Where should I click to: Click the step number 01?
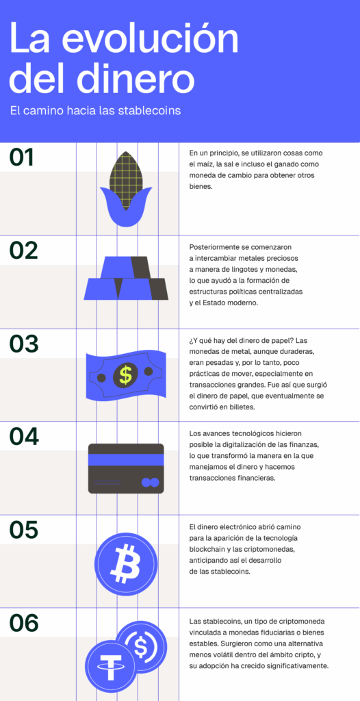[x=22, y=157]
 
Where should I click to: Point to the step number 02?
[x=23, y=251]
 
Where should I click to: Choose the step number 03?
[x=23, y=344]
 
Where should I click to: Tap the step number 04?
[x=23, y=437]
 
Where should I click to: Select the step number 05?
[x=23, y=530]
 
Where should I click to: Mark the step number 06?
[x=23, y=623]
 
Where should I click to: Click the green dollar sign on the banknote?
[x=125, y=374]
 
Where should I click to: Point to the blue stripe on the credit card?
[x=126, y=460]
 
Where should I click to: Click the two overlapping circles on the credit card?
[x=149, y=483]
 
